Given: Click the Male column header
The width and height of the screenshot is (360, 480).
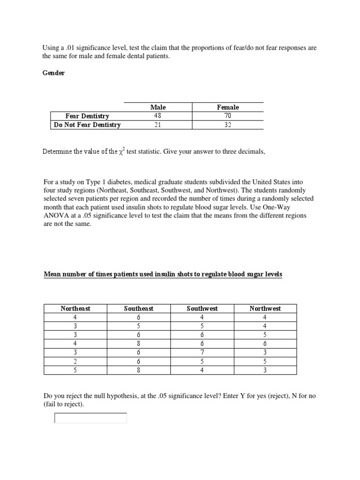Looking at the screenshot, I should [x=157, y=107].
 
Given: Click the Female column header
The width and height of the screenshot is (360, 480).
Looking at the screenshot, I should [x=228, y=107].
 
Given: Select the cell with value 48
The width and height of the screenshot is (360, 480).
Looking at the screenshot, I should [x=157, y=116].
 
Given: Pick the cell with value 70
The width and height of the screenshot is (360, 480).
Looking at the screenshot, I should [x=228, y=116].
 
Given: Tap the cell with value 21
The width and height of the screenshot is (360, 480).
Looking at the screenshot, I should [x=157, y=125].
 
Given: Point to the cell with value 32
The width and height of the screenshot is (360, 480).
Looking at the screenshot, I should [x=228, y=125].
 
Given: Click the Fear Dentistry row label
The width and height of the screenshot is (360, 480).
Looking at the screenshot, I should [x=87, y=116].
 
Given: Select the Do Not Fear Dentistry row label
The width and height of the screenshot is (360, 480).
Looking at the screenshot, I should [x=87, y=125].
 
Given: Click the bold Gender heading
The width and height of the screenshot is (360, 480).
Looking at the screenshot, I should [x=54, y=74].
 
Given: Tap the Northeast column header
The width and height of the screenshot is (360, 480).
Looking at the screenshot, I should [x=75, y=308].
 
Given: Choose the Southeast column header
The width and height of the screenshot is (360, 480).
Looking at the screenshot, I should [x=139, y=308].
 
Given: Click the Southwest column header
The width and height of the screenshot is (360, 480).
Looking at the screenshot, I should [x=202, y=308].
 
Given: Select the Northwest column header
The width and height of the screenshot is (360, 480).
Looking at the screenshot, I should [x=265, y=308].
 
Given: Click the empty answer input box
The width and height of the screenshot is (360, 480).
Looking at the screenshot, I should [x=91, y=418].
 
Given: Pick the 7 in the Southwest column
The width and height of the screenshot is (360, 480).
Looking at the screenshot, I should [x=202, y=352].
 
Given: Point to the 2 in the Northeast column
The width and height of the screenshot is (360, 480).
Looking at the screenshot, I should [x=75, y=361].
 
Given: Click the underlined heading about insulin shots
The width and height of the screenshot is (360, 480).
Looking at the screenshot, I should [x=163, y=274].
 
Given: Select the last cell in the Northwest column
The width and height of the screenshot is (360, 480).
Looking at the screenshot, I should [x=265, y=370].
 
